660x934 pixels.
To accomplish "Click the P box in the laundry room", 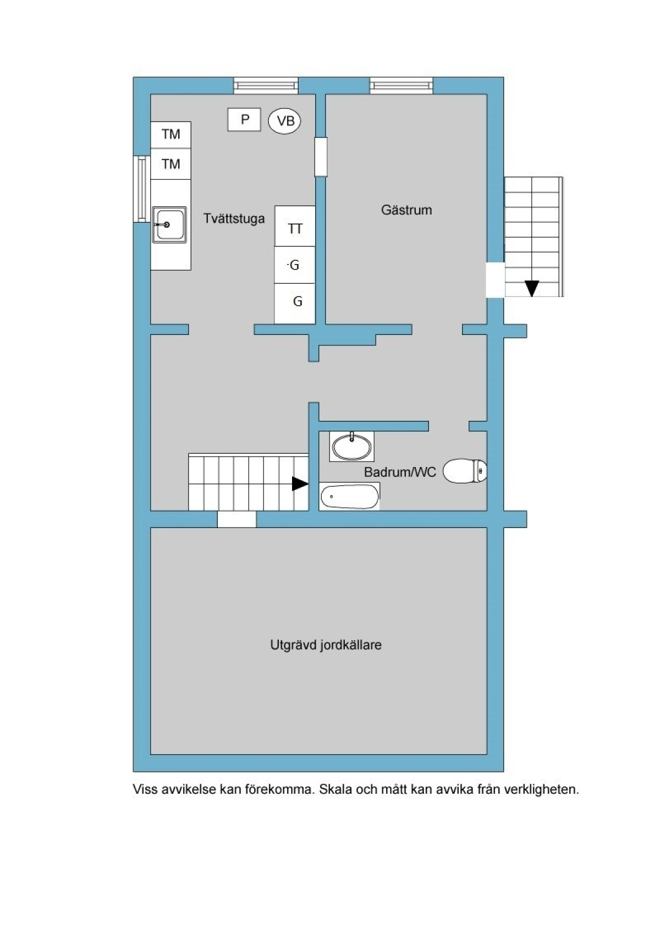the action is tap(244, 120).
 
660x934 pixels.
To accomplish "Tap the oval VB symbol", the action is tap(284, 121).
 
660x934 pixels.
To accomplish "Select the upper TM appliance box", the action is tap(170, 135).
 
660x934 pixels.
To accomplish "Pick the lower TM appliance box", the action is tap(170, 164).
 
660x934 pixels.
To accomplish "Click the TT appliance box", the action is tap(294, 227).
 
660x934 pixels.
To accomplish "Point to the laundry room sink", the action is tap(169, 225).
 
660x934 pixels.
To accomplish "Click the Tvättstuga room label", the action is tap(234, 218).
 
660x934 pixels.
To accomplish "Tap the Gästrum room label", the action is tap(406, 210).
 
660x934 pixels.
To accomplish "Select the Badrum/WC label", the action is tap(400, 472).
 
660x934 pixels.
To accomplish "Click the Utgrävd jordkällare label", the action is tap(326, 645).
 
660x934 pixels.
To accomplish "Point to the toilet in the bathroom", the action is tap(465, 471).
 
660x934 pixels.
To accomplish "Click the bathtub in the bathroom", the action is tap(349, 496).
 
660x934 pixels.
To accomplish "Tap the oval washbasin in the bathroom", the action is tap(351, 447).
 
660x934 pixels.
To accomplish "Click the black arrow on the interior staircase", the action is tap(300, 484).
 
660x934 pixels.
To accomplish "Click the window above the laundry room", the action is tap(266, 85).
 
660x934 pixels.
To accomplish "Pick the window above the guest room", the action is tap(401, 85).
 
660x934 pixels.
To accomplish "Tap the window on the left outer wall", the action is tap(142, 189).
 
